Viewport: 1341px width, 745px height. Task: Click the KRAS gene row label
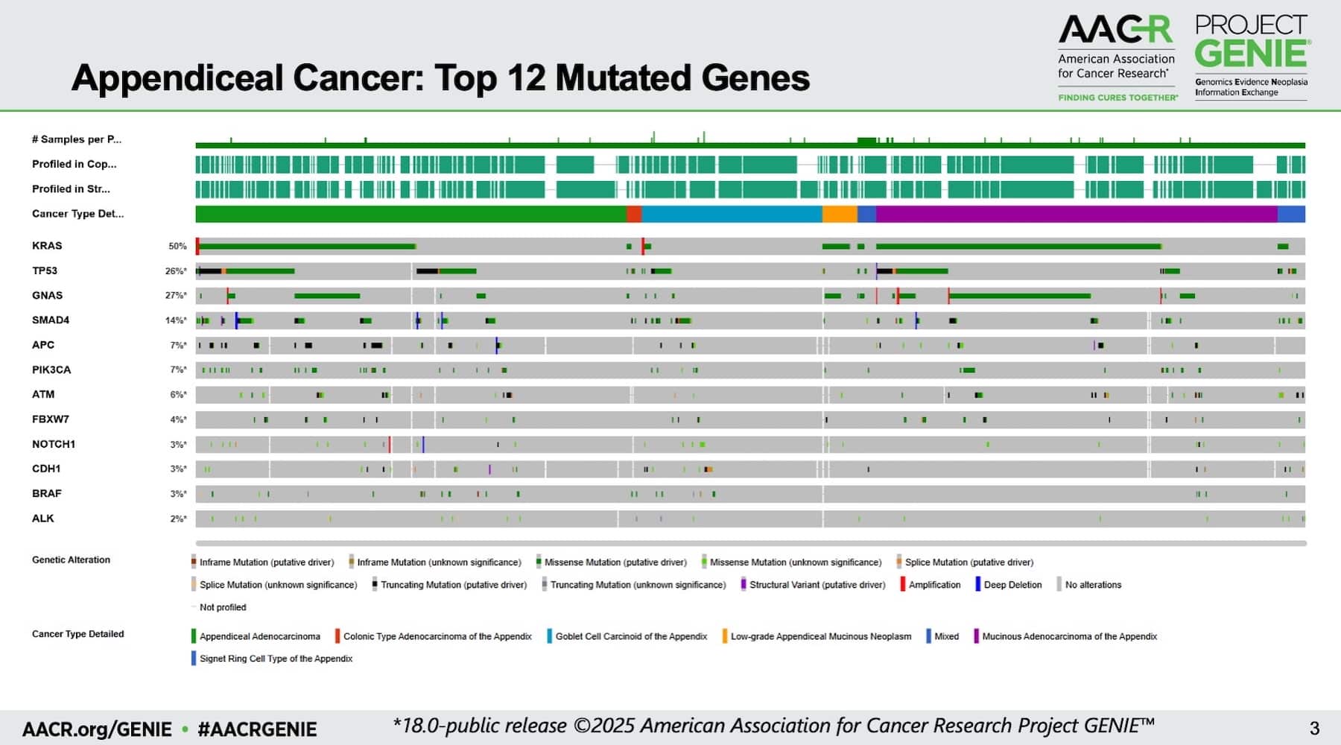pos(47,246)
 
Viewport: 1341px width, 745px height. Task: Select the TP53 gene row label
pos(45,270)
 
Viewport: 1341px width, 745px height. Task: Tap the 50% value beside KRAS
pos(177,246)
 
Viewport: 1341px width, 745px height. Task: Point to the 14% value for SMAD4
pos(176,320)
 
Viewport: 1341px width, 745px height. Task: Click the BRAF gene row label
pos(47,493)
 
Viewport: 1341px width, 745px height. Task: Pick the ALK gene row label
pos(43,519)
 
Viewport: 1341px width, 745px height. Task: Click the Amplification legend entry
pos(934,585)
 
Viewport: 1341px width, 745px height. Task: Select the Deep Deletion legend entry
pos(1012,585)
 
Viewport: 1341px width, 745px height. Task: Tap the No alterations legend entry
pos(1093,585)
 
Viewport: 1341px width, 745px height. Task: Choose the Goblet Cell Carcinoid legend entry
pos(630,636)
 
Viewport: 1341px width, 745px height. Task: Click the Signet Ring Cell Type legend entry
pos(276,659)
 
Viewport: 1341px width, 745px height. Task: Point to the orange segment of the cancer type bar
pos(840,215)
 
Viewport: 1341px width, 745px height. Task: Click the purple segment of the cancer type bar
pos(1077,215)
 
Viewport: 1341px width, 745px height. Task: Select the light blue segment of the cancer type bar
pos(731,215)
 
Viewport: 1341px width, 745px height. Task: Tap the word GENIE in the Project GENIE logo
pos(1252,54)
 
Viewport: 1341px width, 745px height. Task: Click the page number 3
pos(1314,728)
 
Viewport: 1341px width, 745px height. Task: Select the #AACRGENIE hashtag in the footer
pos(257,729)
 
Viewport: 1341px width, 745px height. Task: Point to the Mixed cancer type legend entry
pos(946,636)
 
